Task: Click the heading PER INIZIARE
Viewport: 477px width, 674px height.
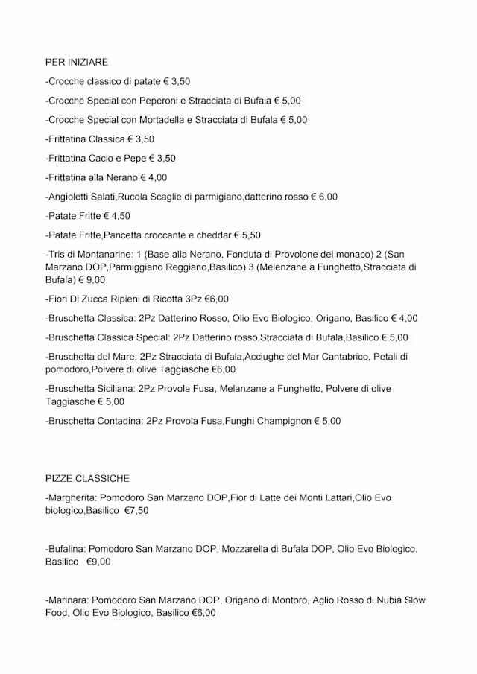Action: pyautogui.click(x=76, y=63)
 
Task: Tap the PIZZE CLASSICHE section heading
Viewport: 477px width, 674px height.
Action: pyautogui.click(x=87, y=478)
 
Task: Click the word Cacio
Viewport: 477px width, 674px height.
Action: pyautogui.click(x=104, y=159)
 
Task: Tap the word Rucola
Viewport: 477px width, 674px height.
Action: pyautogui.click(x=154, y=197)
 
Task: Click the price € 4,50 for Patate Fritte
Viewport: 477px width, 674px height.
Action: pyautogui.click(x=117, y=216)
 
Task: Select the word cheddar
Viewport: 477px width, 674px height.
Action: pyautogui.click(x=215, y=235)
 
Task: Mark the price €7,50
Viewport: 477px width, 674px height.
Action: pyautogui.click(x=136, y=510)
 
